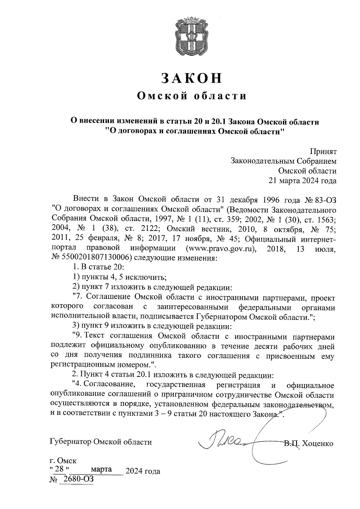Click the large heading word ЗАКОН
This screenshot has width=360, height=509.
[192, 78]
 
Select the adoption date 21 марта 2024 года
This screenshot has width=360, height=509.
[302, 181]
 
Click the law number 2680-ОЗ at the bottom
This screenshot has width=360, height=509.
[76, 479]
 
